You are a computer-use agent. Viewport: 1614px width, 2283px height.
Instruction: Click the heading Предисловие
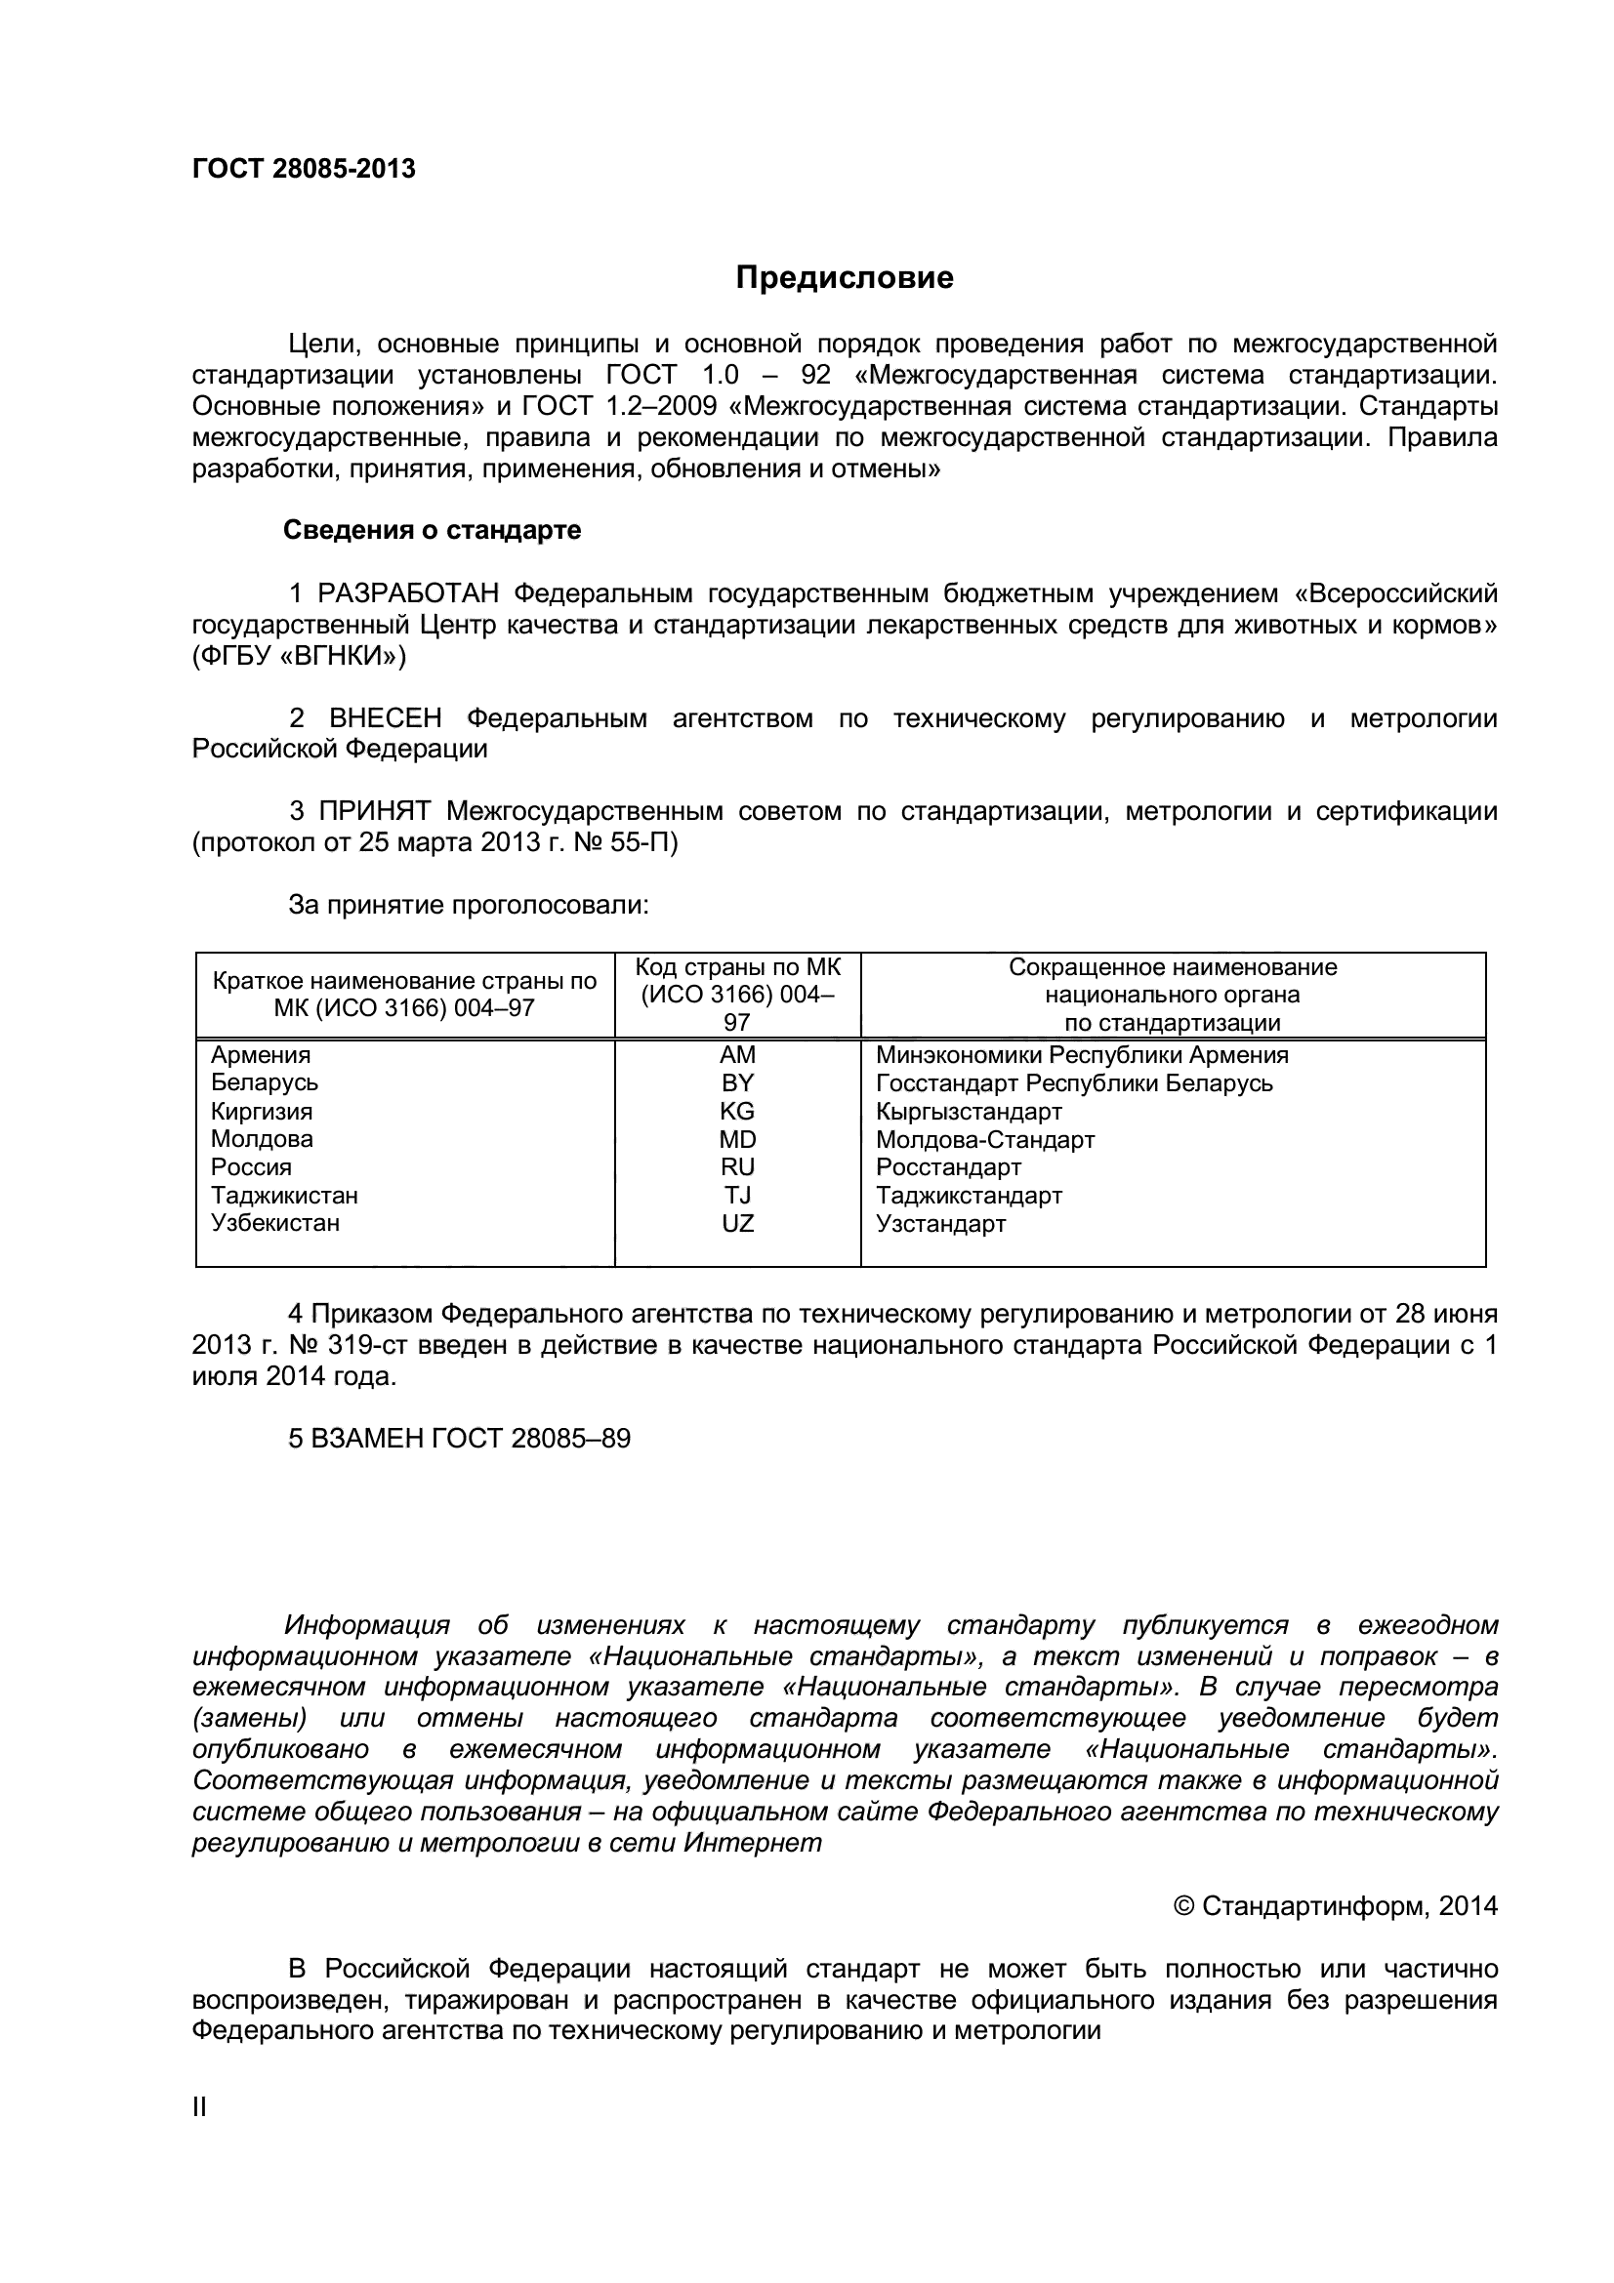(845, 277)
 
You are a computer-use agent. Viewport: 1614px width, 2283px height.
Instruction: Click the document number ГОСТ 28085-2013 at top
(304, 169)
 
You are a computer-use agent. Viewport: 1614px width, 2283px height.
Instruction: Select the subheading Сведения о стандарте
(432, 530)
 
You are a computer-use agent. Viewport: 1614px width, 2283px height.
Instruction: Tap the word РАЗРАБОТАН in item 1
(408, 593)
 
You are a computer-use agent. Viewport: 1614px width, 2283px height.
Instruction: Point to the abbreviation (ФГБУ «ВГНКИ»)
(300, 656)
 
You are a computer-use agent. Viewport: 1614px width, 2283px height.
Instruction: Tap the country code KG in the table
(737, 1111)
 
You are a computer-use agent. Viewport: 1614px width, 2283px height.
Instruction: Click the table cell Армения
(261, 1055)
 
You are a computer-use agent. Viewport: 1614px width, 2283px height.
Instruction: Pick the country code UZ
(737, 1223)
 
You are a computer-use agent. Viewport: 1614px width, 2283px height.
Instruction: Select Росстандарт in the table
(948, 1166)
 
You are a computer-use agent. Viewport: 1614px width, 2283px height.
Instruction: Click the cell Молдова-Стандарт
(984, 1138)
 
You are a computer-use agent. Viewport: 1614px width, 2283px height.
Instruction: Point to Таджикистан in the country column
(283, 1196)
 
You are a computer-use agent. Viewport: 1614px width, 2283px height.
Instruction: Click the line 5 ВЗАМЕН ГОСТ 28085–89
(459, 1439)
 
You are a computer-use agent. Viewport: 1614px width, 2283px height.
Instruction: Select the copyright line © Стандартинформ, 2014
(1335, 1906)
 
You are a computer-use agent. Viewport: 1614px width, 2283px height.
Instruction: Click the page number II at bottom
(199, 2107)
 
